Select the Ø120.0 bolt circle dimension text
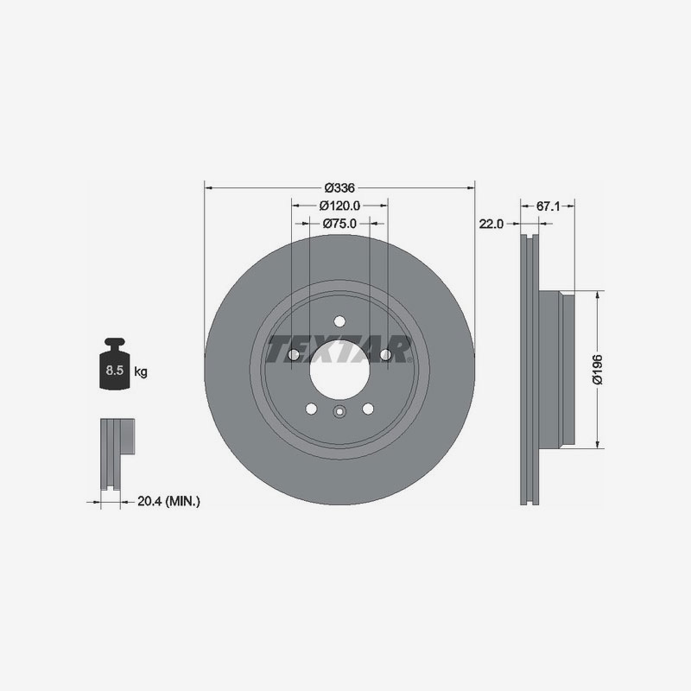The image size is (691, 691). tap(339, 206)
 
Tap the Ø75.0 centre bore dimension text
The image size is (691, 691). tap(339, 223)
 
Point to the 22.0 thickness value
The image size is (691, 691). tap(491, 223)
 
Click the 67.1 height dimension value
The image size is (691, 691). tap(549, 206)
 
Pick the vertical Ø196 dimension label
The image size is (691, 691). tap(596, 370)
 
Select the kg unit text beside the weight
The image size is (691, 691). tap(141, 372)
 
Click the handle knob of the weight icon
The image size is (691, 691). tap(115, 343)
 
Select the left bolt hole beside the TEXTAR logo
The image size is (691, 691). tap(294, 355)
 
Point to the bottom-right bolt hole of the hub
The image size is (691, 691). tap(368, 409)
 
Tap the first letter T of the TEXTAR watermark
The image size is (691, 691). tap(280, 351)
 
